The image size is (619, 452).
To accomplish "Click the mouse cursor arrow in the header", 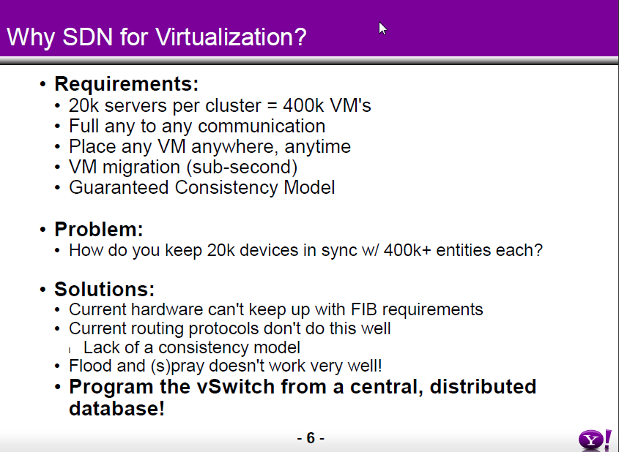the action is tap(382, 29).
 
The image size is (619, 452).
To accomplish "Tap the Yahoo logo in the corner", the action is tap(596, 440).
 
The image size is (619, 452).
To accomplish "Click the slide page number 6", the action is tap(311, 438).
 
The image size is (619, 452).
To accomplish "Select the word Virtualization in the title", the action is tap(231, 37).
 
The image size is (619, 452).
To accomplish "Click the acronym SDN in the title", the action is tap(88, 37).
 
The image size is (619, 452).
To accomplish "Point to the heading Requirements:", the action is tap(126, 84).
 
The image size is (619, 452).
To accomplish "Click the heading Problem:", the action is tap(99, 230).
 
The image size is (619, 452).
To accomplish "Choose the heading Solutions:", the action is tap(105, 289).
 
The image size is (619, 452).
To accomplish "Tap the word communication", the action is tap(262, 126).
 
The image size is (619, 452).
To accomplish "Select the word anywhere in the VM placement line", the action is tap(232, 147).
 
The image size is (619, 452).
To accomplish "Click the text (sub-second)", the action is tap(242, 167).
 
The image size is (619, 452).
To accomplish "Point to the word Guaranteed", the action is tap(119, 187).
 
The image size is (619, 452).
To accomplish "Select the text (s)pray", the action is tap(178, 366).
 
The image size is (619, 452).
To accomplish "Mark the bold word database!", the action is tap(116, 408).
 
